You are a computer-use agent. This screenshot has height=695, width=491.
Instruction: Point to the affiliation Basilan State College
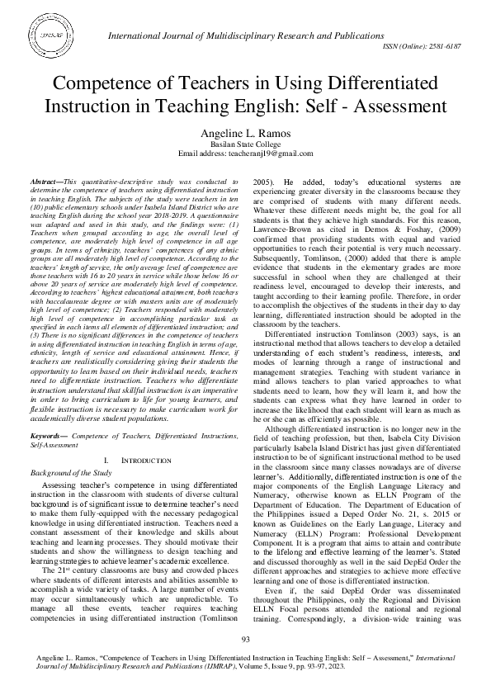pos(246,143)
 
